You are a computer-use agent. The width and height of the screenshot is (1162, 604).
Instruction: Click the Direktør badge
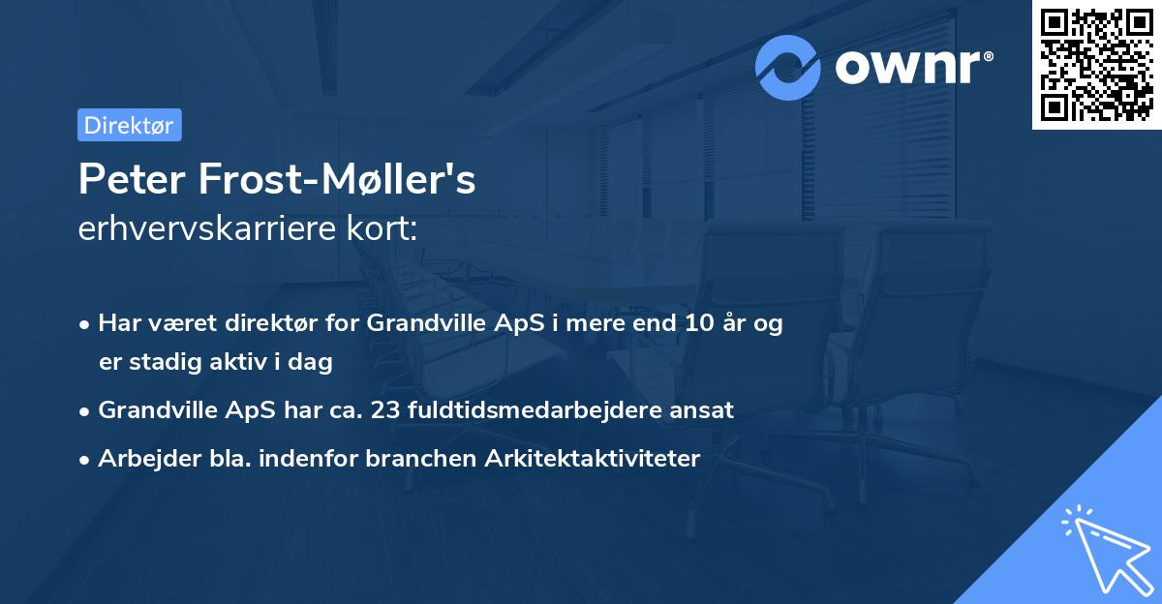pos(129,125)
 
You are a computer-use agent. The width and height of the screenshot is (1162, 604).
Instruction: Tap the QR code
pos(1096,64)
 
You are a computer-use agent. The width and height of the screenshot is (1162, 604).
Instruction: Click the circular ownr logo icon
pos(788,67)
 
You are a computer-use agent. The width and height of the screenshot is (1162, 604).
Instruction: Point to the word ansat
pos(706,410)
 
